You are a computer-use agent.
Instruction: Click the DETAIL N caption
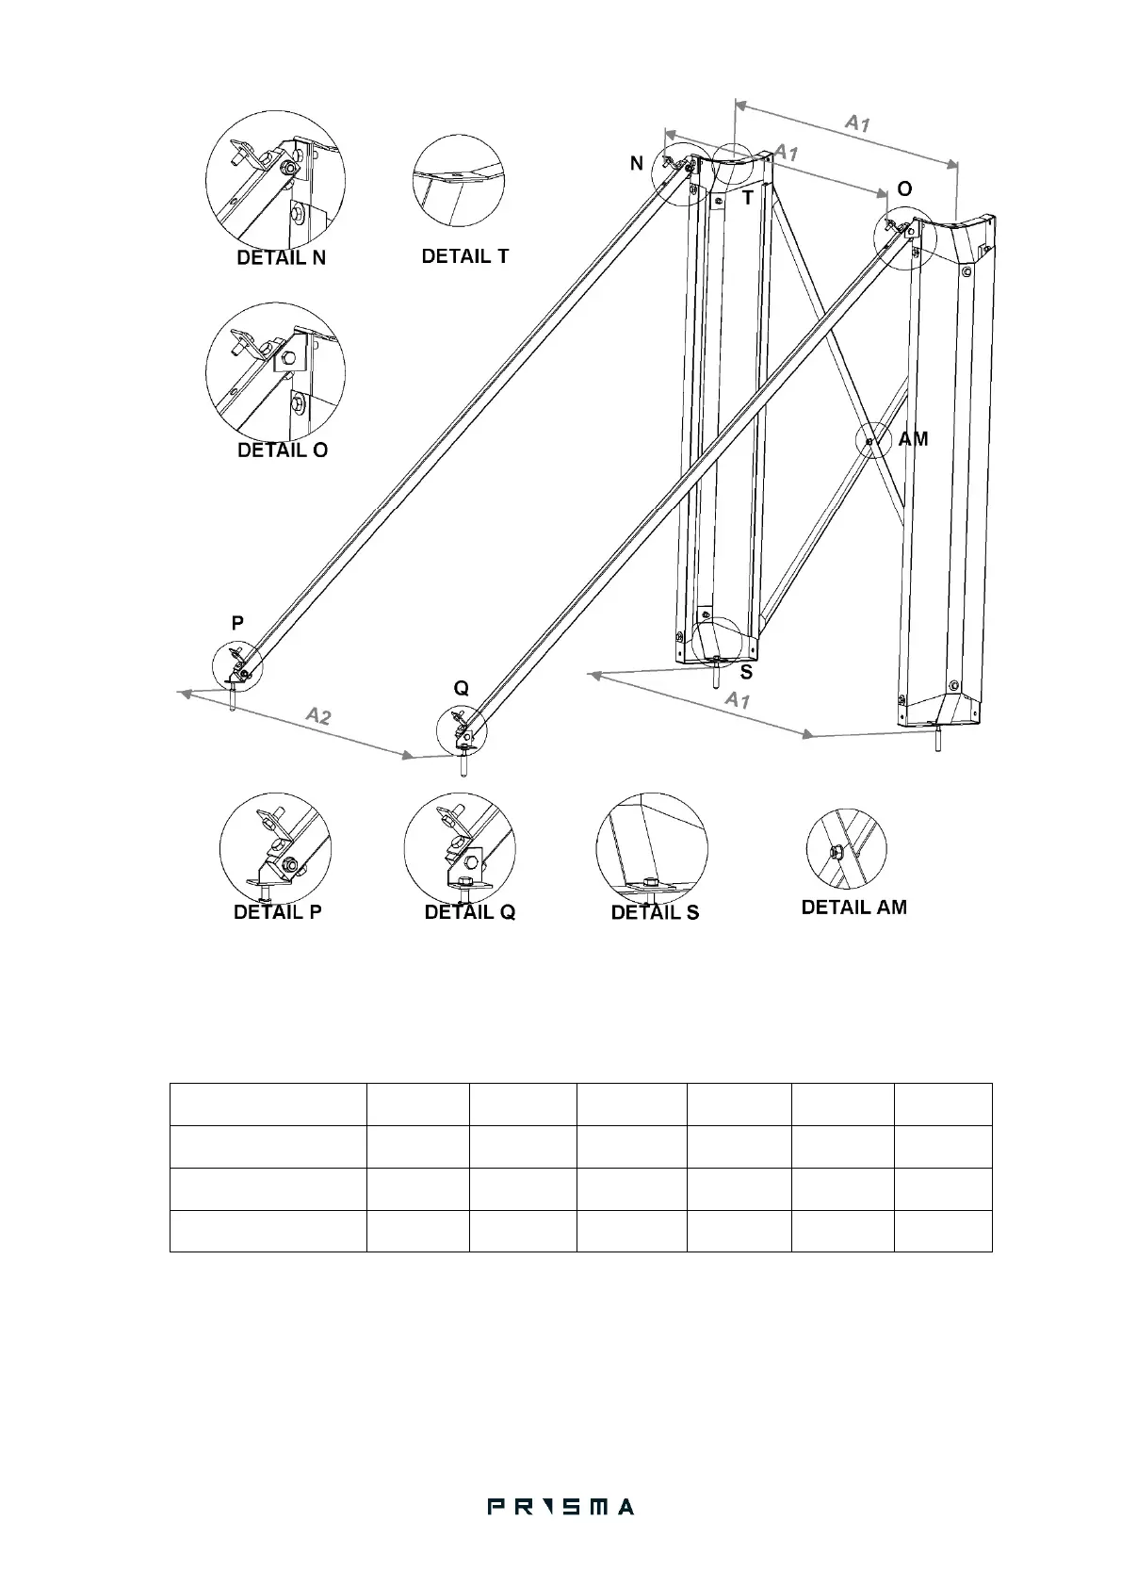pyautogui.click(x=281, y=258)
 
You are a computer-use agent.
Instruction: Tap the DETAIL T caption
pyautogui.click(x=465, y=256)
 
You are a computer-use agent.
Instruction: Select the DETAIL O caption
pyautogui.click(x=283, y=450)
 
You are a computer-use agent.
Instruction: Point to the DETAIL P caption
pyautogui.click(x=278, y=912)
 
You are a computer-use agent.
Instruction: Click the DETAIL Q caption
pyautogui.click(x=470, y=912)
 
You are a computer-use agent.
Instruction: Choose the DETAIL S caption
pyautogui.click(x=655, y=912)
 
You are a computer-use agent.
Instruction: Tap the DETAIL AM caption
pyautogui.click(x=853, y=907)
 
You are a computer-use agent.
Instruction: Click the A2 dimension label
pyautogui.click(x=319, y=716)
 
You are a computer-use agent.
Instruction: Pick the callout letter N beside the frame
pyautogui.click(x=637, y=164)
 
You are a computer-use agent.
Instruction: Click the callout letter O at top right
pyautogui.click(x=904, y=189)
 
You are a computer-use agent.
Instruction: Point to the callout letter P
pyautogui.click(x=237, y=623)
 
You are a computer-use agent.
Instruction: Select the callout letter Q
pyautogui.click(x=462, y=689)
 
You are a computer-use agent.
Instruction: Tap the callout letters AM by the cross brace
pyautogui.click(x=913, y=439)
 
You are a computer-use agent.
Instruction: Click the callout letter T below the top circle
pyautogui.click(x=747, y=198)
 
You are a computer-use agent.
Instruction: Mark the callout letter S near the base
pyautogui.click(x=746, y=672)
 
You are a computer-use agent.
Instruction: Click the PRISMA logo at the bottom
pyautogui.click(x=560, y=1507)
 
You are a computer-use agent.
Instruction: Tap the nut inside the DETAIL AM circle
pyautogui.click(x=835, y=852)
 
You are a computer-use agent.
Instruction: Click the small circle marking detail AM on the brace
pyautogui.click(x=872, y=440)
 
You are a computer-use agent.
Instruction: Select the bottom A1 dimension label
pyautogui.click(x=737, y=700)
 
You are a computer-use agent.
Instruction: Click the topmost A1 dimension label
pyautogui.click(x=856, y=123)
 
